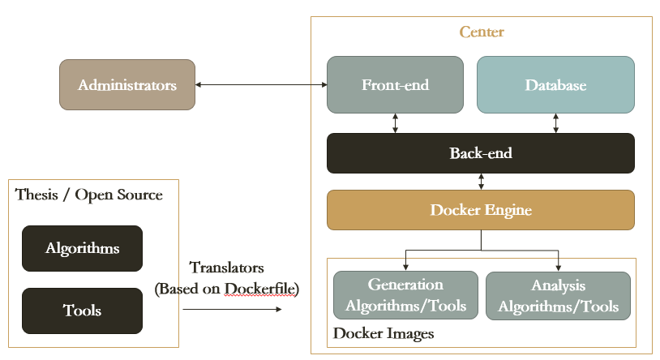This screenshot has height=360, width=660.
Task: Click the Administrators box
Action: tap(127, 84)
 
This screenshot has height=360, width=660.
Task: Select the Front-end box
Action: tap(395, 84)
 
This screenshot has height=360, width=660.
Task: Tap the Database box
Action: tap(555, 84)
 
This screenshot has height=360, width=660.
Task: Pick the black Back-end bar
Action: tap(481, 153)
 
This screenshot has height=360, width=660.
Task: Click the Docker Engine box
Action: tap(481, 210)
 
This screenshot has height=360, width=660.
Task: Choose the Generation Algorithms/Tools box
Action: tap(405, 295)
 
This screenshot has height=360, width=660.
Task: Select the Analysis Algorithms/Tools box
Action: tap(558, 296)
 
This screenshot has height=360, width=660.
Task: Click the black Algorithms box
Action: tap(82, 248)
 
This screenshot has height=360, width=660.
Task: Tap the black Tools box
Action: tap(82, 311)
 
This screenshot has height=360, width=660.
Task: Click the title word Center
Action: tap(482, 32)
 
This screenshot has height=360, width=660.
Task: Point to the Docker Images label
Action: tap(384, 333)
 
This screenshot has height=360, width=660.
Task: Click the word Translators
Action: tap(226, 268)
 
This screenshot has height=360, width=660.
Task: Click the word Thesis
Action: tap(36, 195)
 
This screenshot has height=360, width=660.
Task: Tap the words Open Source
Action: tap(118, 195)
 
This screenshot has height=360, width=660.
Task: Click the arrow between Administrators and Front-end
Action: tap(261, 84)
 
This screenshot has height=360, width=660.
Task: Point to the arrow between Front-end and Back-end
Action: tap(395, 123)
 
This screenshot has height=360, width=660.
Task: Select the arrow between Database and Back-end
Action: tap(555, 123)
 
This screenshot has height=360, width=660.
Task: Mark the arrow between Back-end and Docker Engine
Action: tap(481, 182)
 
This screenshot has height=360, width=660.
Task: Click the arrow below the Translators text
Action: tap(233, 310)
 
